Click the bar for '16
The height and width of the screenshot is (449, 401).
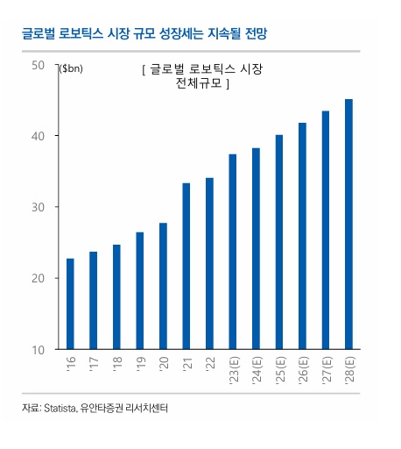(x=70, y=303)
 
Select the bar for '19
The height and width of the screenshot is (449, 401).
(x=139, y=290)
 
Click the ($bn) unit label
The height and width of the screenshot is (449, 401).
(x=71, y=69)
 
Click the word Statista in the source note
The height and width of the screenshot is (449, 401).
(x=60, y=408)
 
